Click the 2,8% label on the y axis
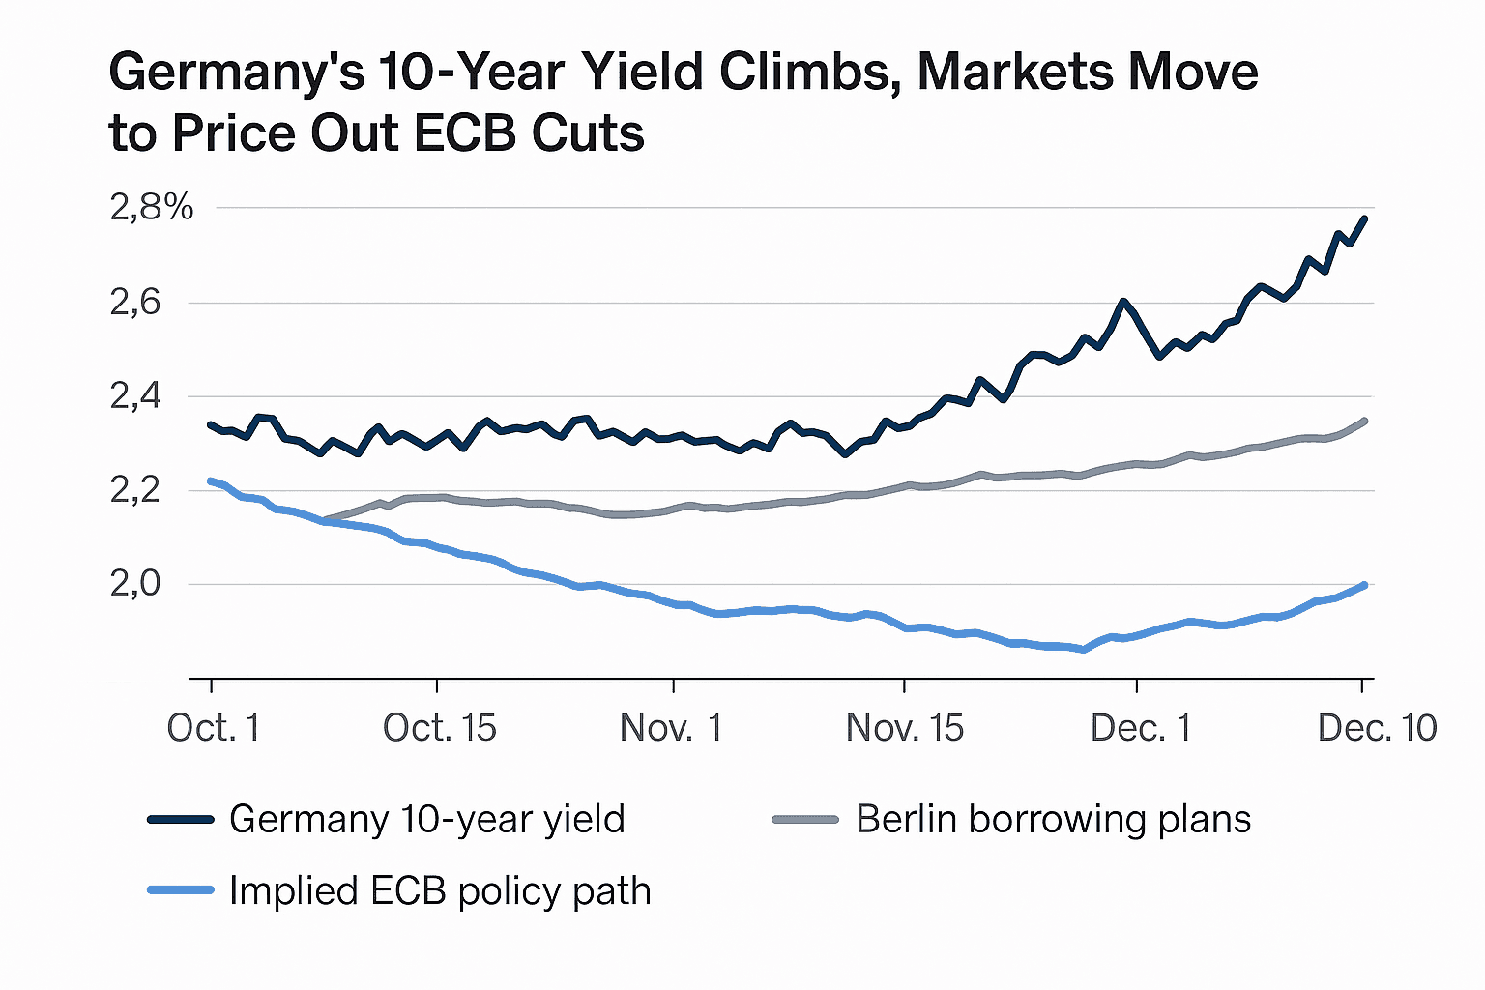(152, 207)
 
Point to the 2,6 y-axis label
(135, 303)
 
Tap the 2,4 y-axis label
(135, 396)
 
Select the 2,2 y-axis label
(135, 490)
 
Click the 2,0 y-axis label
(135, 584)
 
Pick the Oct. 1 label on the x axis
(213, 728)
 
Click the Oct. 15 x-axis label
(440, 728)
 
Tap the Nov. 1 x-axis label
(672, 728)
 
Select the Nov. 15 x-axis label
(905, 728)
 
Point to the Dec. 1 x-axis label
(1141, 728)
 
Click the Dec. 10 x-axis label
(1377, 728)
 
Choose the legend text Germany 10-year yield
(427, 820)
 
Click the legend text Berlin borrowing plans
(1054, 820)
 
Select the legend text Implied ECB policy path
(440, 890)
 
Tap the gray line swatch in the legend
(805, 820)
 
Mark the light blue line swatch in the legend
(181, 890)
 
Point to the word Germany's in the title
(237, 73)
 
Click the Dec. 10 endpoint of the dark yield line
(1364, 218)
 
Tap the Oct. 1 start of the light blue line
(212, 480)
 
